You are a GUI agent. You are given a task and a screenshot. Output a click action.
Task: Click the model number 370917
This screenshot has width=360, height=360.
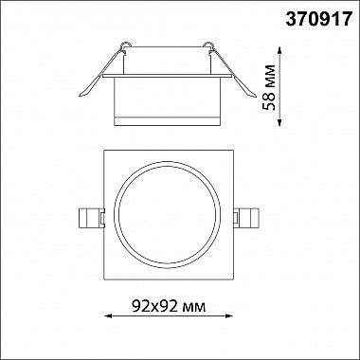tap(318, 19)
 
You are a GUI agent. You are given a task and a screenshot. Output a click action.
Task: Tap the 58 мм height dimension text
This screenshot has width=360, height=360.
tap(269, 87)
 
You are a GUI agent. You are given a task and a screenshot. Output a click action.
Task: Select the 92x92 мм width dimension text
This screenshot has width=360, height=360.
tap(169, 306)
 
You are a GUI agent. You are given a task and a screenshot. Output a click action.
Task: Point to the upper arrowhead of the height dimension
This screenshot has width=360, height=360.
tap(279, 50)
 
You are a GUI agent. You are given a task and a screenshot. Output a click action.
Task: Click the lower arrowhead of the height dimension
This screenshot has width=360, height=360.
tap(279, 123)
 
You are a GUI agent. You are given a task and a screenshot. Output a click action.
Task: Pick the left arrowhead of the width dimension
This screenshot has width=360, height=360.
tap(108, 315)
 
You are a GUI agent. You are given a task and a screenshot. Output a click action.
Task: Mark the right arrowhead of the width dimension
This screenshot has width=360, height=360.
tap(229, 315)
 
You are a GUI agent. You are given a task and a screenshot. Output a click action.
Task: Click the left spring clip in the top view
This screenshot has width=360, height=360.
tap(91, 218)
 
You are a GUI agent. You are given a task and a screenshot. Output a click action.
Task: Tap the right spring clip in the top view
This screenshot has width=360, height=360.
tap(246, 218)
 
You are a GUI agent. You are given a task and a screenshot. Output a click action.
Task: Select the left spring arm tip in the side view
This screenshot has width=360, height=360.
tap(81, 94)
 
